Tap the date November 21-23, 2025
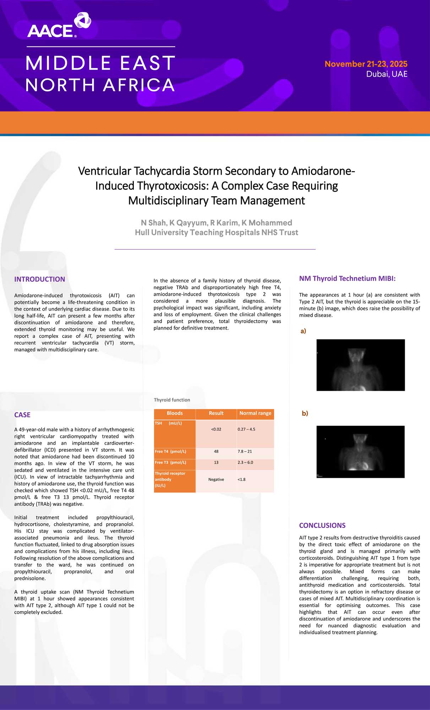click(366, 64)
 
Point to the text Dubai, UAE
click(387, 74)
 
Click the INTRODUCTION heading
click(39, 279)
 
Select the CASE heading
click(22, 415)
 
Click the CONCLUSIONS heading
click(322, 525)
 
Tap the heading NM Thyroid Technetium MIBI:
click(347, 279)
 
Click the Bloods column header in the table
click(175, 413)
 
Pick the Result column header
click(216, 413)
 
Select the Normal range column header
click(255, 413)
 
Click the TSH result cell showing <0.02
click(216, 429)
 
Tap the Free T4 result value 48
click(216, 452)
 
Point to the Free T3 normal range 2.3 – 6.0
click(245, 463)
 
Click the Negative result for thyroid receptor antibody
click(216, 480)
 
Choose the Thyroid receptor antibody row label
click(170, 479)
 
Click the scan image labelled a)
click(360, 365)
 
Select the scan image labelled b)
click(360, 452)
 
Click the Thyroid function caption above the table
click(172, 400)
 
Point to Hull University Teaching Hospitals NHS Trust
click(216, 233)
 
